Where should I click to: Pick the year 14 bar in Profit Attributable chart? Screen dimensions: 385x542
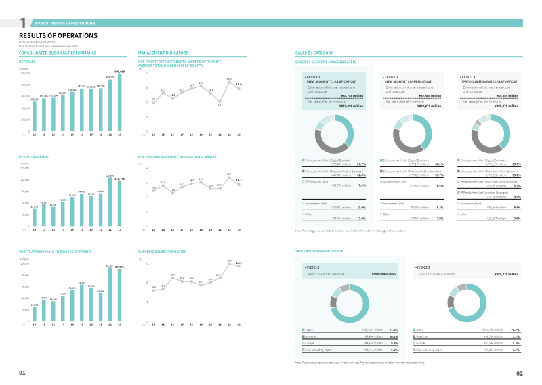(35, 315)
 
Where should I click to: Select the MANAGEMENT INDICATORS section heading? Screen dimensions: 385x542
(163, 52)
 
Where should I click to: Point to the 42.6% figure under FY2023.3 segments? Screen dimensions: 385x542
(361, 175)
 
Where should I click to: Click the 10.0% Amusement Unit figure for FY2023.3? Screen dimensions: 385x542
(361, 207)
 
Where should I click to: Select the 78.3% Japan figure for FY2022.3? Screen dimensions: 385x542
(516, 329)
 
